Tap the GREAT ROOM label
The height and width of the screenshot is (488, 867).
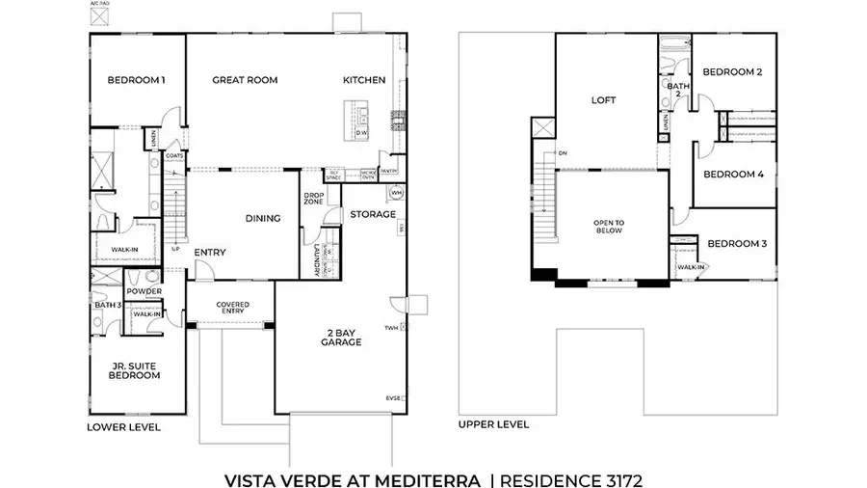(x=245, y=80)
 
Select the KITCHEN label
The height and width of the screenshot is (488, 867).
(x=364, y=80)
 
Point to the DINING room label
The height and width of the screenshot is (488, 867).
(x=263, y=219)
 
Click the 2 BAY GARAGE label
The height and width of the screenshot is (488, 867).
(x=342, y=338)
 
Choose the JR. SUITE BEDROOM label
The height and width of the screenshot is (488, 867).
(x=134, y=370)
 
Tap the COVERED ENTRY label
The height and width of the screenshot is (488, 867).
(x=232, y=308)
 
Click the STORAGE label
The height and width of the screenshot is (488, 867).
(x=373, y=214)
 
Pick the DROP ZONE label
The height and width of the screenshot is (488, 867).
(x=313, y=198)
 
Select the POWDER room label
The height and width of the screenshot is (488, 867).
(x=143, y=291)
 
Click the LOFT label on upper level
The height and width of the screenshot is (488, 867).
(x=603, y=100)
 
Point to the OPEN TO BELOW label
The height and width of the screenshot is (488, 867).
(x=609, y=227)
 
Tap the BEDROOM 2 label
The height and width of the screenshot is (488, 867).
(x=732, y=72)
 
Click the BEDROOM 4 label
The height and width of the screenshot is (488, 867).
(x=733, y=175)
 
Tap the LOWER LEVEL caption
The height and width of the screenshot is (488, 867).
(x=124, y=426)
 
